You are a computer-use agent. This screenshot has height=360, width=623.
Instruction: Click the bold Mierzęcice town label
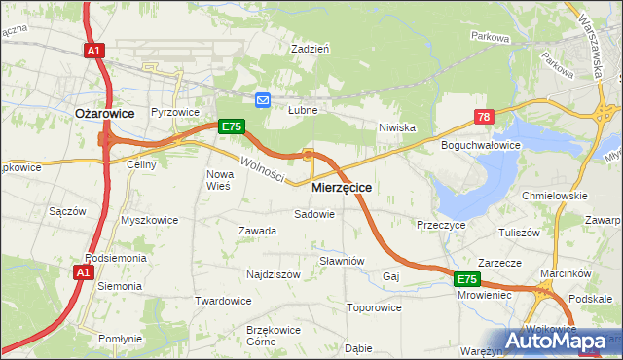342,186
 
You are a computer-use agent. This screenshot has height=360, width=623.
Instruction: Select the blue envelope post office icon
263,99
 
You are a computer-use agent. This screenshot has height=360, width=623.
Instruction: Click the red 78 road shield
484,117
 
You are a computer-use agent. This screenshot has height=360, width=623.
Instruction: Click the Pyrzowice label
175,113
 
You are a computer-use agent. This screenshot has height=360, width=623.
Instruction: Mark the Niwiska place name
397,127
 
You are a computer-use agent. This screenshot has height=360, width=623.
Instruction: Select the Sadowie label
314,213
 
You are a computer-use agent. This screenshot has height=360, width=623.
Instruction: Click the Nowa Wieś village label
218,180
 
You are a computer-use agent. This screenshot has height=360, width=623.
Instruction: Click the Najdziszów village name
273,274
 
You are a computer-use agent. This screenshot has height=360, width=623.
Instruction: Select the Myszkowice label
150,220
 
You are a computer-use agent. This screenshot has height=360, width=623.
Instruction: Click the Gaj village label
392,276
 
